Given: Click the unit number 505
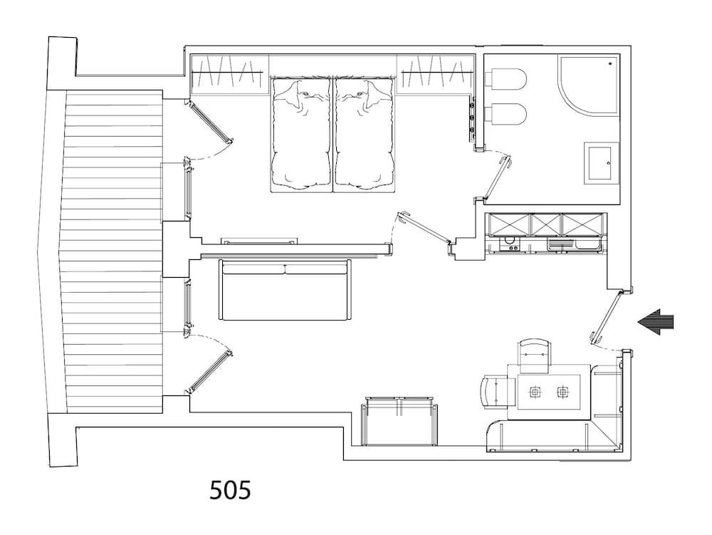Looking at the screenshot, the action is tap(230, 490).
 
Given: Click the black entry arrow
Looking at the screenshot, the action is tap(656, 322).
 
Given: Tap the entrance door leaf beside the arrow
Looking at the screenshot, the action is tap(606, 318).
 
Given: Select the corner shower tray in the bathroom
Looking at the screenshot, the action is tap(589, 85).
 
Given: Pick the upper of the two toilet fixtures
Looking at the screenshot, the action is tap(506, 78).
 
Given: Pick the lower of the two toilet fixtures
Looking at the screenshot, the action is tap(506, 113).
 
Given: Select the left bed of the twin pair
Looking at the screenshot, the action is tap(300, 135).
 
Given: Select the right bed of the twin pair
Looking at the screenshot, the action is tap(364, 135).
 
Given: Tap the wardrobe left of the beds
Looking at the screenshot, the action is tap(229, 74).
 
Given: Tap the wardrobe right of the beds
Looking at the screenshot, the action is tap(436, 74).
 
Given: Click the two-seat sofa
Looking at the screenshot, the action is tap(286, 290).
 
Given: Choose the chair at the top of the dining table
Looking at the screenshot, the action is tap(535, 356).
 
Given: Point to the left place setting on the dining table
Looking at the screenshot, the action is tap(536, 390).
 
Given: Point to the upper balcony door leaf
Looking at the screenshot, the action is tap(209, 121).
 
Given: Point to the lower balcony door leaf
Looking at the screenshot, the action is tap(209, 371).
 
